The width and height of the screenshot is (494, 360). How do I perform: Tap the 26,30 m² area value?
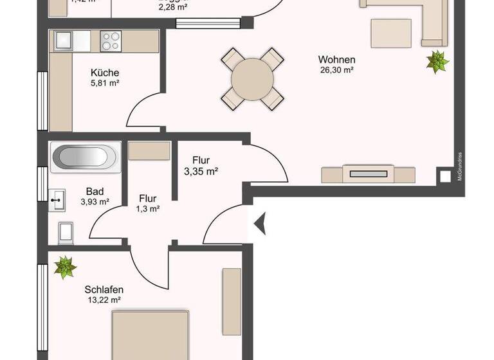[338, 71]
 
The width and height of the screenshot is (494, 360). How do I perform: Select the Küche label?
[105, 73]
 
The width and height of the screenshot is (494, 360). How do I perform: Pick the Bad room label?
[95, 192]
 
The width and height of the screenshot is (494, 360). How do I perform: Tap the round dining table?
[252, 79]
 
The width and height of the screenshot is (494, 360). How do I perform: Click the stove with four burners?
[110, 41]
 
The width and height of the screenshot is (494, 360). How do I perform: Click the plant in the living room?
[437, 62]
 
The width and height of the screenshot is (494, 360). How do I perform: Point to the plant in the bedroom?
[64, 267]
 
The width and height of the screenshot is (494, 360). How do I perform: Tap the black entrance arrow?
[260, 224]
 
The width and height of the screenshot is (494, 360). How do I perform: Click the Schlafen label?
[104, 290]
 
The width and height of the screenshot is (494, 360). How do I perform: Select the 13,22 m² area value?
[104, 300]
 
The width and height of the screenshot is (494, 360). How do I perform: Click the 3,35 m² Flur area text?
[201, 171]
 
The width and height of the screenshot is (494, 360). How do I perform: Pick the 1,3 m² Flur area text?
[148, 208]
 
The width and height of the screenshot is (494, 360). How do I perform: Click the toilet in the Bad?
[65, 232]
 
